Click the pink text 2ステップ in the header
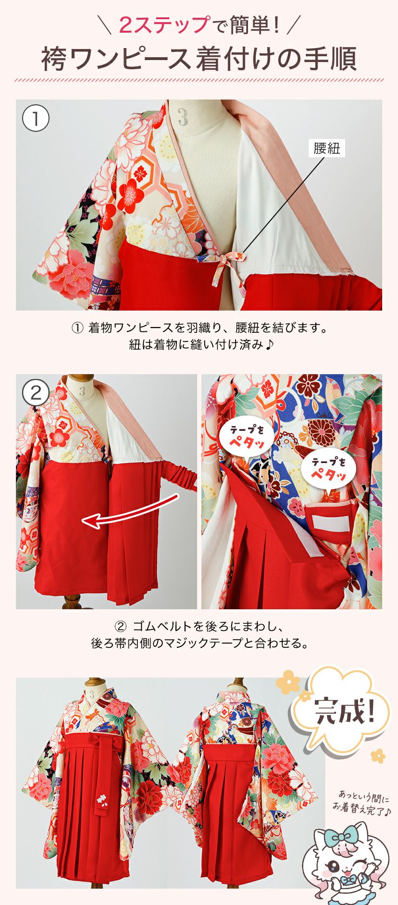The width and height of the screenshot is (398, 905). [x=163, y=25]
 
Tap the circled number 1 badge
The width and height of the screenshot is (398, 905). [x=36, y=118]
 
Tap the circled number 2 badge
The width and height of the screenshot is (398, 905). [x=36, y=393]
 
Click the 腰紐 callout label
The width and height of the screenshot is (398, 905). [x=327, y=149]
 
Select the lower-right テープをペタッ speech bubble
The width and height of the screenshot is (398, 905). [x=329, y=469]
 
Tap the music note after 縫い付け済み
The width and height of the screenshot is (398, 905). [x=269, y=344]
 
